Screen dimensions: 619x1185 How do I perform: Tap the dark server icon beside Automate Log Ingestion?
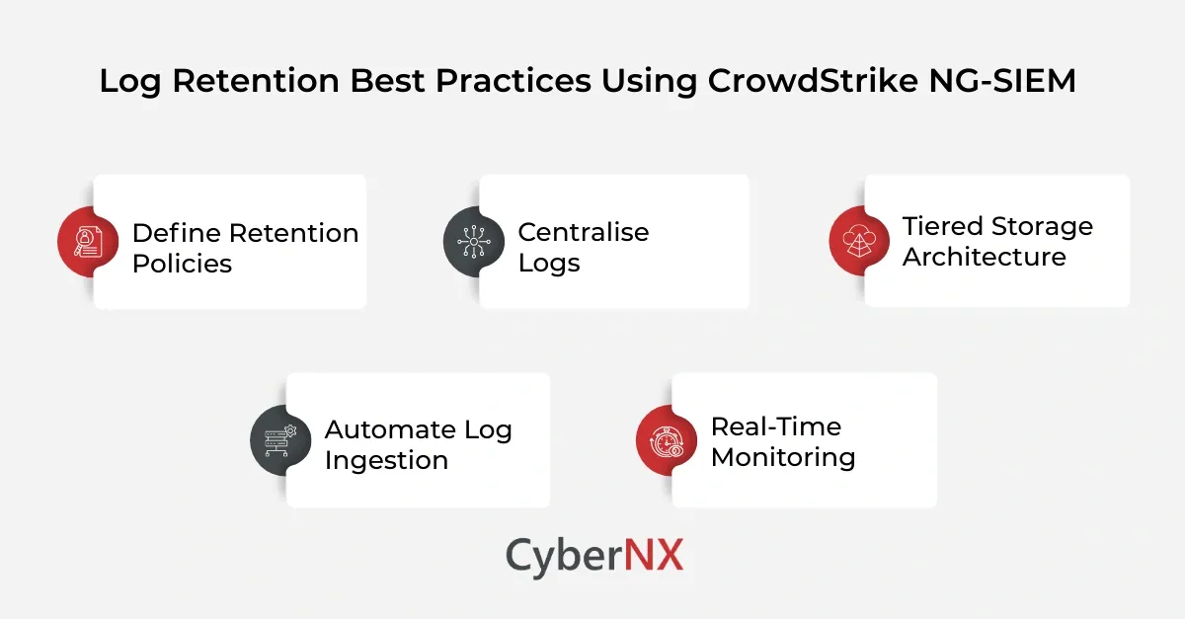coord(281,439)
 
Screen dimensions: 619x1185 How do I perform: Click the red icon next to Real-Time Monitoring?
coord(668,439)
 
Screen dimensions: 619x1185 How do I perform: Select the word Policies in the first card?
coord(182,264)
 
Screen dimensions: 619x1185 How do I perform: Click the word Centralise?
coord(584,232)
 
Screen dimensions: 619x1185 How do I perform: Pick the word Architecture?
coord(984,257)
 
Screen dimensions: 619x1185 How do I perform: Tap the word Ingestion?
coord(386,460)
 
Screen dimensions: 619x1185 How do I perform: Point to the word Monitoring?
coord(783,457)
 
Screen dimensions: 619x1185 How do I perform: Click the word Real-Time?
coord(776,426)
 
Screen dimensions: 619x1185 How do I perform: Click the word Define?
coord(176,233)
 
